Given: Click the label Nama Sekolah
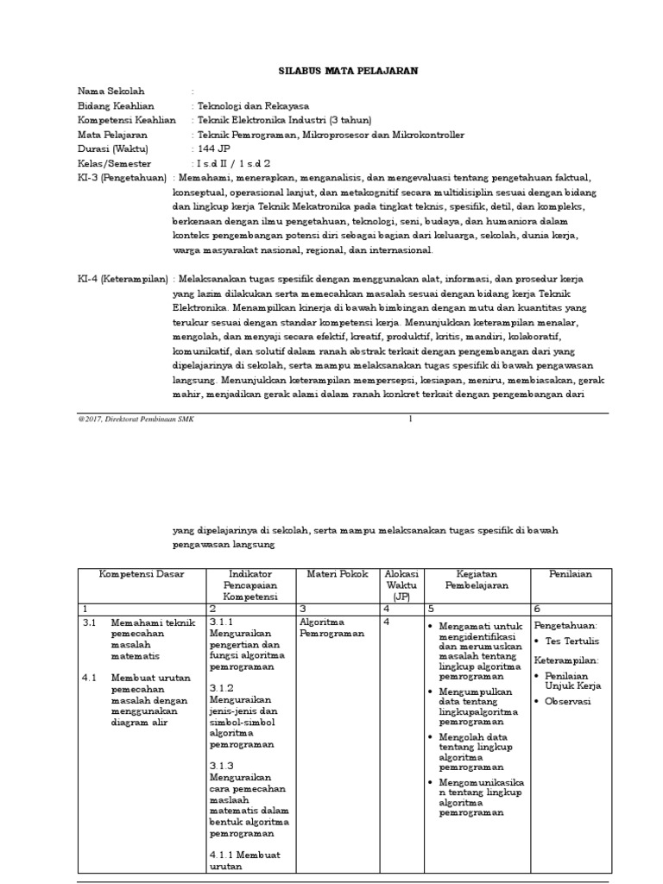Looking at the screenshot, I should pos(111,91).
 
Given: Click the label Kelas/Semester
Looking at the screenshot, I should pos(114,163).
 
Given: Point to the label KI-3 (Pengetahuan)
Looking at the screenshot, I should pos(122,177).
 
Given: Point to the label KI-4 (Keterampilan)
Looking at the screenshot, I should pos(123,279).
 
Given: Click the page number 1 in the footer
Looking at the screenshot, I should pos(411,419).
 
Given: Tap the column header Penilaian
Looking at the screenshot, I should pos(571,574).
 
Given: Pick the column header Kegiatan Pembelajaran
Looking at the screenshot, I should pos(474,579).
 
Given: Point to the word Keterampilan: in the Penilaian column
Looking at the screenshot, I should pos(566,660).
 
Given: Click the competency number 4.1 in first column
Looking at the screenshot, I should pos(89,678).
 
